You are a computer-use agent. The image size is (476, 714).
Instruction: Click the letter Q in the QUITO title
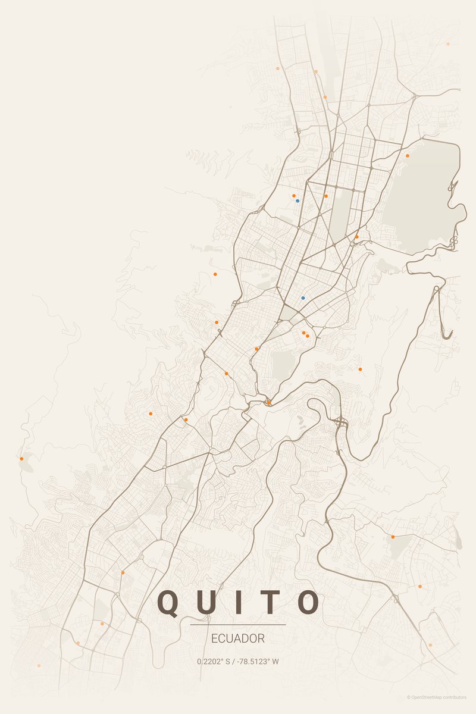[x=169, y=602]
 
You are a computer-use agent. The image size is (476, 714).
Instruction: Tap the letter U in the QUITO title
[x=209, y=602]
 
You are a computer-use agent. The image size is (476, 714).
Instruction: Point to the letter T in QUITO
[x=270, y=602]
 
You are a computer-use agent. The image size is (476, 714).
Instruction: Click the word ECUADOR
[x=238, y=638]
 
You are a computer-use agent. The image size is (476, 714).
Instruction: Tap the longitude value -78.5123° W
[x=259, y=661]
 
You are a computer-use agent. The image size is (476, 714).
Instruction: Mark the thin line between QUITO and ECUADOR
[x=238, y=625]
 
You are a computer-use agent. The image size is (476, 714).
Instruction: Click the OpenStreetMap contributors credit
[x=439, y=697]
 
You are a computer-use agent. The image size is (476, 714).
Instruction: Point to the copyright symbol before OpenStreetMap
[x=409, y=697]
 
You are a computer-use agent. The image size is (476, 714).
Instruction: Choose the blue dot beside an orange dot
[x=297, y=201]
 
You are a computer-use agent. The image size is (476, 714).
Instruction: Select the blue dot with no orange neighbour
[x=303, y=297]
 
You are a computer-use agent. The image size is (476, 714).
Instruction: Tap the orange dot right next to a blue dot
[x=293, y=195]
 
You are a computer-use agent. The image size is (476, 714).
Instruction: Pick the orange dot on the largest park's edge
[x=408, y=156]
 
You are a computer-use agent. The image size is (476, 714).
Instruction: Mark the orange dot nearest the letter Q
[x=123, y=572]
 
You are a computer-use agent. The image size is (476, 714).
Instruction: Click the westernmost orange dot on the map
[x=21, y=459]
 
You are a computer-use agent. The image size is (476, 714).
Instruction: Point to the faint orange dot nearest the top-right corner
[x=448, y=43]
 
